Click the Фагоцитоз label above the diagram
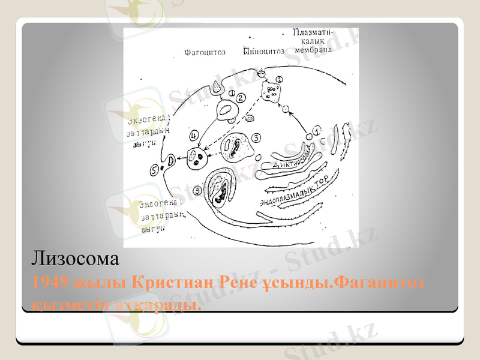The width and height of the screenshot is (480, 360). click(205, 52)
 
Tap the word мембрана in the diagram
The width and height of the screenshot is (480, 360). click(313, 50)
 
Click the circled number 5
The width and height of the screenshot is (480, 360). click(155, 170)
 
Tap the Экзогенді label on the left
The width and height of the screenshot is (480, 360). click(147, 119)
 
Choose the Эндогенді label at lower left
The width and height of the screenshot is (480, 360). click(159, 206)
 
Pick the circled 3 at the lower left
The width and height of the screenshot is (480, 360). click(199, 191)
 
